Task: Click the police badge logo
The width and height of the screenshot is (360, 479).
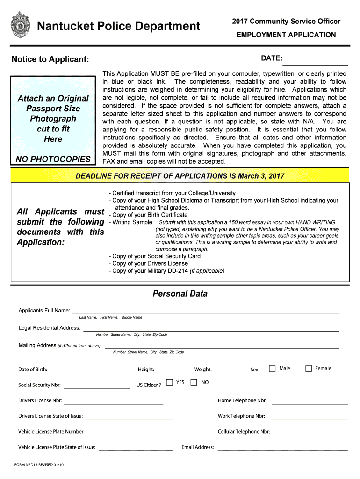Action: pos(19,25)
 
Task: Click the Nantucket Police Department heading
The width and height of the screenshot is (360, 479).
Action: pos(118,26)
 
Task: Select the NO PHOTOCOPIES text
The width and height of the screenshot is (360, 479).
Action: pos(52,159)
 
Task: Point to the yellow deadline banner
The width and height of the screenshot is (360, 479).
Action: pos(180,176)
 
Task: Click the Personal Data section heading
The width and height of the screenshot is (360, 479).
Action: pos(180,294)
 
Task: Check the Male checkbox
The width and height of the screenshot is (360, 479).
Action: pos(272,369)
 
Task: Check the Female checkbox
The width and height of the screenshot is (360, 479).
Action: pos(309,369)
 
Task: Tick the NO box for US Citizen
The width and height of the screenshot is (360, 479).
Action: pos(194,383)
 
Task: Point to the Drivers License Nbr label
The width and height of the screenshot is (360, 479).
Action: pos(40,401)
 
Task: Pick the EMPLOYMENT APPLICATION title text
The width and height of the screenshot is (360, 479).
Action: pos(286,35)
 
